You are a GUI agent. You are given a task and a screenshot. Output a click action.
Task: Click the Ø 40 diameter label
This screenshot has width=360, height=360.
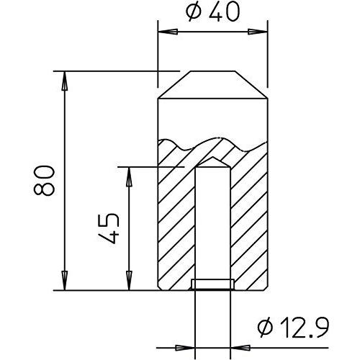coord(212,12)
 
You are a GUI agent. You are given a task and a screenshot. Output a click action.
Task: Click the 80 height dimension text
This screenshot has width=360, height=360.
coord(44,180)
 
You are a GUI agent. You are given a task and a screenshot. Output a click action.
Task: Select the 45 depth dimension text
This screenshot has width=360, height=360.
coord(109,228)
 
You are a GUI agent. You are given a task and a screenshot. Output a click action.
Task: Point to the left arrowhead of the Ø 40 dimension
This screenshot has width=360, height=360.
coord(168,32)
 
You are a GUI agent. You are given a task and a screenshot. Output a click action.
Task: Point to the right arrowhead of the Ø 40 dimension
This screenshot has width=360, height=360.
coord(258,32)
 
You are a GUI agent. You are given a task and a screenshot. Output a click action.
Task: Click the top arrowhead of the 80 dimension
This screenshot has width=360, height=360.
coord(64,81)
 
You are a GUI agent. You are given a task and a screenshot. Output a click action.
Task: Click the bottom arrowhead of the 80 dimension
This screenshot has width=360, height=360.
coord(64,281)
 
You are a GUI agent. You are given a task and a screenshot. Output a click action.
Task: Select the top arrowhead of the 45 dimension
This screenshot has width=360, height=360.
coord(129,176)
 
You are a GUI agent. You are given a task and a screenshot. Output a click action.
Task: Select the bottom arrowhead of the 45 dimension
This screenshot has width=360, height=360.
coord(129,281)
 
